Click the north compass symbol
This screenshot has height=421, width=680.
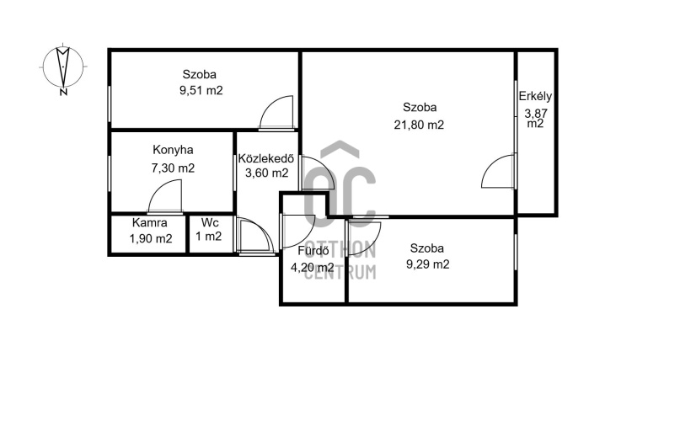[63, 67]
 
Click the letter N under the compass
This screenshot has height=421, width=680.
[63, 93]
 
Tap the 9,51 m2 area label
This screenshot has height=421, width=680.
[201, 91]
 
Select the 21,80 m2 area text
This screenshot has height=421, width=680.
[419, 125]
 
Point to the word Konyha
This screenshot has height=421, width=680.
[173, 151]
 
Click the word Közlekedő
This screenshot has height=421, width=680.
[266, 158]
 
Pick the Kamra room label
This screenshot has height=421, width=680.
[150, 223]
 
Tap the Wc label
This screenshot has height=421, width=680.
[210, 223]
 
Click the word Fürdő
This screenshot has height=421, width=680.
[313, 251]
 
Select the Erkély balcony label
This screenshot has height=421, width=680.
[535, 96]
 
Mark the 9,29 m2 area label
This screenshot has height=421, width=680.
[427, 264]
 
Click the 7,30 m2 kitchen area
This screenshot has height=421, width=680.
[173, 168]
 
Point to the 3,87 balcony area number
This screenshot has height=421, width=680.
[536, 114]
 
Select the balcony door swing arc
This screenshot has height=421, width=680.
[490, 163]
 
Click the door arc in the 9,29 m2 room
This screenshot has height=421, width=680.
[372, 237]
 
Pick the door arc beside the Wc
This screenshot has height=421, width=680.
[262, 229]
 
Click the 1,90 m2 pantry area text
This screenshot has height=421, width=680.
[151, 238]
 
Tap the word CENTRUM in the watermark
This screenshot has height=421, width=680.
[340, 272]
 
